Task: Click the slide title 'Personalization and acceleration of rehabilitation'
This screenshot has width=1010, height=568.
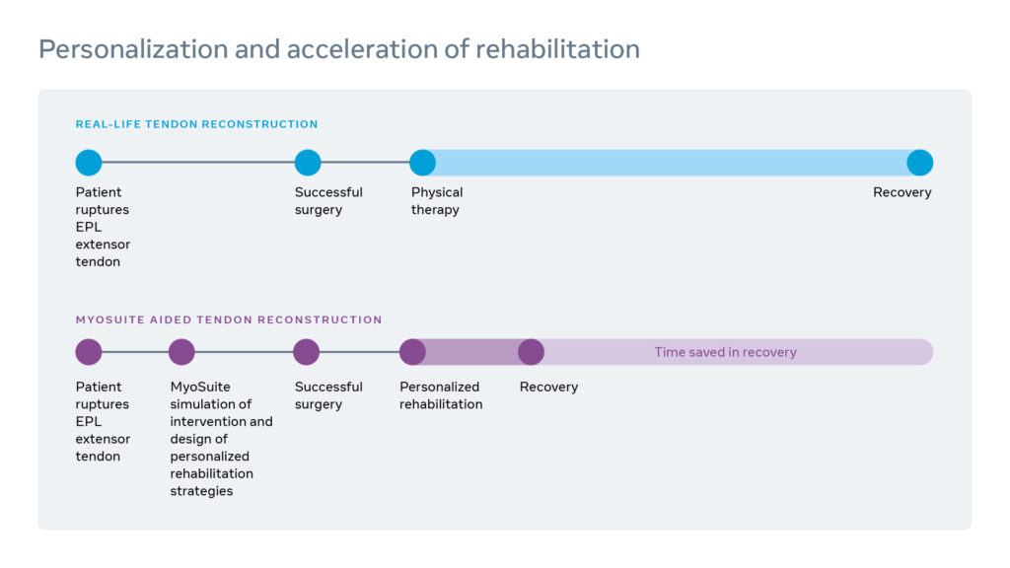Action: point(338,48)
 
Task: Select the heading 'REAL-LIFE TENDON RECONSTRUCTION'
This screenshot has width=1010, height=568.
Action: point(196,124)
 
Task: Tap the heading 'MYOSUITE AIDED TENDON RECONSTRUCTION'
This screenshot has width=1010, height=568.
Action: point(229,319)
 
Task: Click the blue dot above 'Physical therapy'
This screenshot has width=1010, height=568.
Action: point(422,163)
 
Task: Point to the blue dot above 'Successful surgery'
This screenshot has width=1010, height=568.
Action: point(308,163)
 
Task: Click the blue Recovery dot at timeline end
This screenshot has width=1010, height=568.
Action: point(919,163)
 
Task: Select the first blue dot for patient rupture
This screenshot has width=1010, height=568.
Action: point(89,163)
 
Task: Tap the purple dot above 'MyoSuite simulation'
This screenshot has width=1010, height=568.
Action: point(181,352)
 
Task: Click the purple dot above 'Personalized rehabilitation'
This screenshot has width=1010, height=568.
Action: point(412,352)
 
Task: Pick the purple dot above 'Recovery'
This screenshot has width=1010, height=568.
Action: point(531,352)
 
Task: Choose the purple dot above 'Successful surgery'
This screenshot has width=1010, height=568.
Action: point(307,352)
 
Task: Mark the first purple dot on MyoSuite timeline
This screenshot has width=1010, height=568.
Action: point(89,352)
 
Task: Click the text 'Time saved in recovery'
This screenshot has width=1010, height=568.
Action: point(725,352)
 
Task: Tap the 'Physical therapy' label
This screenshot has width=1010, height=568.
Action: point(436,201)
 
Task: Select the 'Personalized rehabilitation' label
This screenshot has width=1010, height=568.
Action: point(440,395)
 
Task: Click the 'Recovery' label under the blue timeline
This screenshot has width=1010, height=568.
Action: point(902,192)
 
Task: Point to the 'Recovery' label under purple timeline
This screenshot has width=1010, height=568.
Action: point(548,387)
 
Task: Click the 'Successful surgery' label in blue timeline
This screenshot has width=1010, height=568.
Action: point(328,201)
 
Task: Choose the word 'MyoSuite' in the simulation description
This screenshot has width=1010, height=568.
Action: point(200,387)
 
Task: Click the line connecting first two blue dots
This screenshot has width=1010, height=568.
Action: point(197,163)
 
